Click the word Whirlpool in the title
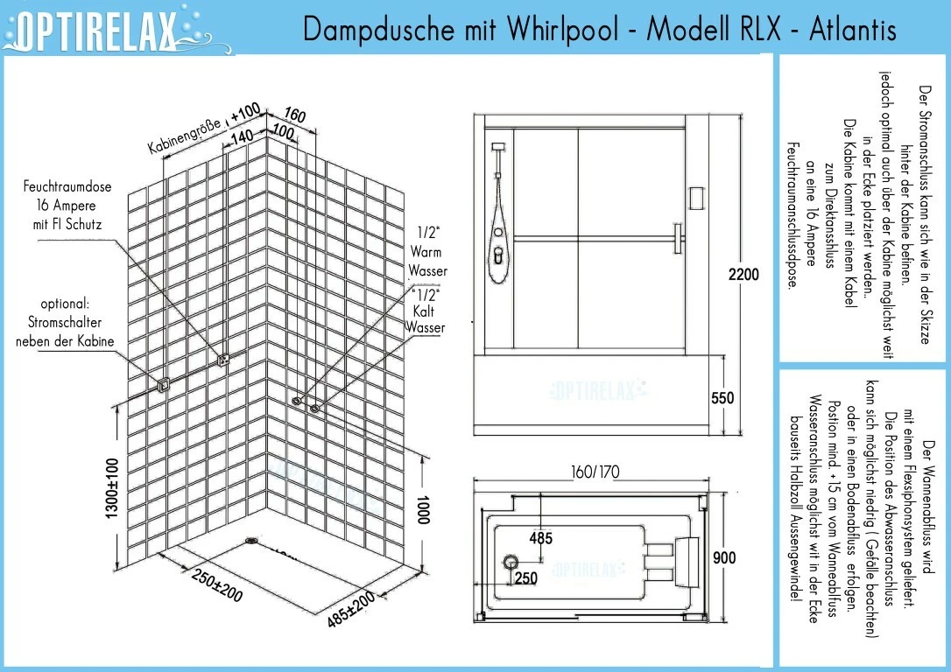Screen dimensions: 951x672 (563, 28)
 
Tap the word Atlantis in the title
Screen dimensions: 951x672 (853, 28)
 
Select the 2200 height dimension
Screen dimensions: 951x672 (743, 275)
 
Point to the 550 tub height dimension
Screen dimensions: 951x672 (722, 397)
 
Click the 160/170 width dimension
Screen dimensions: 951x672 (595, 472)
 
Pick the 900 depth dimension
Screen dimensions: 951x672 (724, 557)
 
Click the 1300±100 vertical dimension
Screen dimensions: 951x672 (112, 488)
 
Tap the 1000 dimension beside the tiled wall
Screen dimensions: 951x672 (423, 509)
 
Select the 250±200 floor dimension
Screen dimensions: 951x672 (216, 584)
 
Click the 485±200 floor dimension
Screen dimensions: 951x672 (351, 609)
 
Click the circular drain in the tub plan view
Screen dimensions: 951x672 (510, 562)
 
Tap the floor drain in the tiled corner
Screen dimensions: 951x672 (251, 541)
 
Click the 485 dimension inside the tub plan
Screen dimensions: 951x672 (541, 538)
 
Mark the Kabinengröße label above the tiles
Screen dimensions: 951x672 (185, 136)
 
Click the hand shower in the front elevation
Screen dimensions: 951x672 (498, 248)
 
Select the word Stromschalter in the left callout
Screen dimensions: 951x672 (65, 322)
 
